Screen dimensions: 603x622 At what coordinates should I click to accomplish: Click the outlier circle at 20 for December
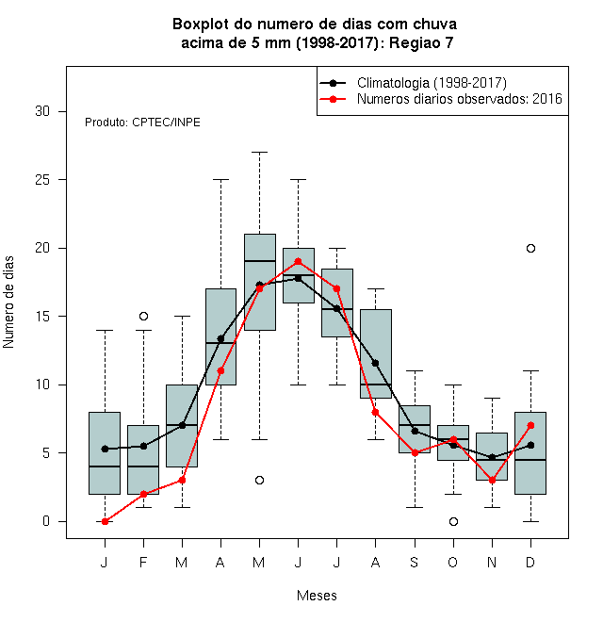pyautogui.click(x=530, y=248)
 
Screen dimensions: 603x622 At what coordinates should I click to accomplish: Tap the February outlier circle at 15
pyautogui.click(x=143, y=316)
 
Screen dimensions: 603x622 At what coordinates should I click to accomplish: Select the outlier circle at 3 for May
pyautogui.click(x=259, y=480)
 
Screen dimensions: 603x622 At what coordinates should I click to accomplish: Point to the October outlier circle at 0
pyautogui.click(x=453, y=521)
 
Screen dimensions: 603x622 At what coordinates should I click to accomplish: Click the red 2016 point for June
pyautogui.click(x=298, y=261)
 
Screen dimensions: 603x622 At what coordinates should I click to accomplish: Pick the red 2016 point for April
pyautogui.click(x=221, y=371)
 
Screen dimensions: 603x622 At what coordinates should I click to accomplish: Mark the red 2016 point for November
pyautogui.click(x=492, y=480)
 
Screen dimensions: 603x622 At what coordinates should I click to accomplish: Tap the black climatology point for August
pyautogui.click(x=375, y=363)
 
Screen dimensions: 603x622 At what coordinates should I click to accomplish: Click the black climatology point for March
pyautogui.click(x=182, y=425)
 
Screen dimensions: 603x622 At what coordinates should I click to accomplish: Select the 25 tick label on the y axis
pyautogui.click(x=42, y=180)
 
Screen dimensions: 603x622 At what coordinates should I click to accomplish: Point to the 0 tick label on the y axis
pyautogui.click(x=46, y=521)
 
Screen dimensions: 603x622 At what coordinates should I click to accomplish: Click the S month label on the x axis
pyautogui.click(x=415, y=562)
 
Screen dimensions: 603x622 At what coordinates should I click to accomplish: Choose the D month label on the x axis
pyautogui.click(x=530, y=562)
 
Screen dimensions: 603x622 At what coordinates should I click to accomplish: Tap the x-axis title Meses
pyautogui.click(x=317, y=596)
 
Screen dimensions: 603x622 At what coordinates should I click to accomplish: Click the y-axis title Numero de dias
pyautogui.click(x=8, y=303)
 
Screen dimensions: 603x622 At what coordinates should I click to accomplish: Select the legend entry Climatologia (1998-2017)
pyautogui.click(x=432, y=83)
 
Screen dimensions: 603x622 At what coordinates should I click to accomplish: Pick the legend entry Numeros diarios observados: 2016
pyautogui.click(x=460, y=99)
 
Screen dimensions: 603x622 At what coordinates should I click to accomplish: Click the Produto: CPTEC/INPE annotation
pyautogui.click(x=142, y=123)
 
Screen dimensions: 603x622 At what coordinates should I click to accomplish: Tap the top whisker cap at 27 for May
pyautogui.click(x=259, y=152)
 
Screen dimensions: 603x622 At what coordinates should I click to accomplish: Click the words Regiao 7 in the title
pyautogui.click(x=421, y=42)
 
